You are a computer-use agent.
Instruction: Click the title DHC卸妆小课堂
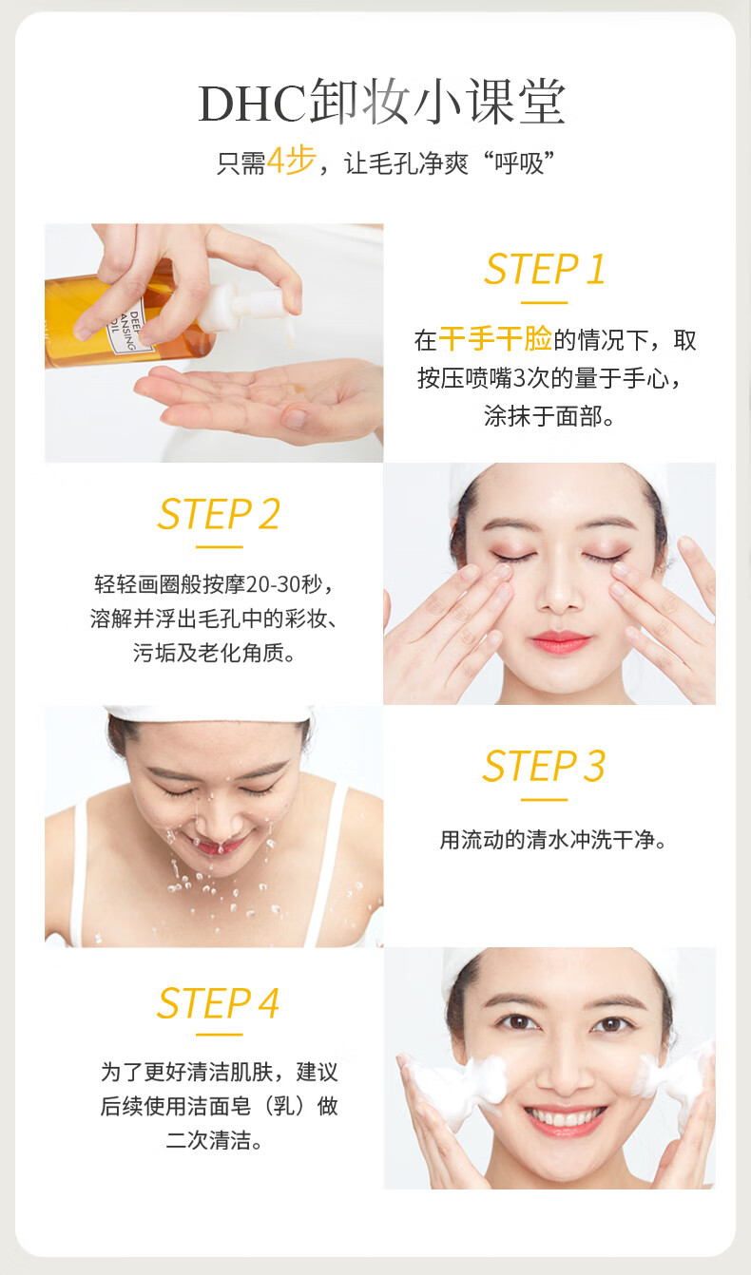point(381,103)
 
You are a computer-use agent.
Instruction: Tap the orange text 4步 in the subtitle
point(292,161)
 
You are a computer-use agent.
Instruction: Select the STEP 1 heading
point(545,269)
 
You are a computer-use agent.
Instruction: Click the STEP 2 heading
point(219,513)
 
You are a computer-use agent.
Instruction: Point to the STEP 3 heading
point(544,766)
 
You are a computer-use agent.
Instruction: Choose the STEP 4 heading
point(218,1003)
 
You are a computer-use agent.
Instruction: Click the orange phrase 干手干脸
point(495,338)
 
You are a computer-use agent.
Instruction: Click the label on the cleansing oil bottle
point(128,330)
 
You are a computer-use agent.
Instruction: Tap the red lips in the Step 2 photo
point(560,641)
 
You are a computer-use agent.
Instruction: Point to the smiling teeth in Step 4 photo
point(565,1114)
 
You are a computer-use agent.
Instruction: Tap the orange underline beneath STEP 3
point(545,800)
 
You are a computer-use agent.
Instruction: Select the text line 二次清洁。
point(215,1140)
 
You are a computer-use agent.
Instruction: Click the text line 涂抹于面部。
point(549,416)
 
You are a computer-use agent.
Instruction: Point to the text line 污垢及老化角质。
point(215,653)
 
